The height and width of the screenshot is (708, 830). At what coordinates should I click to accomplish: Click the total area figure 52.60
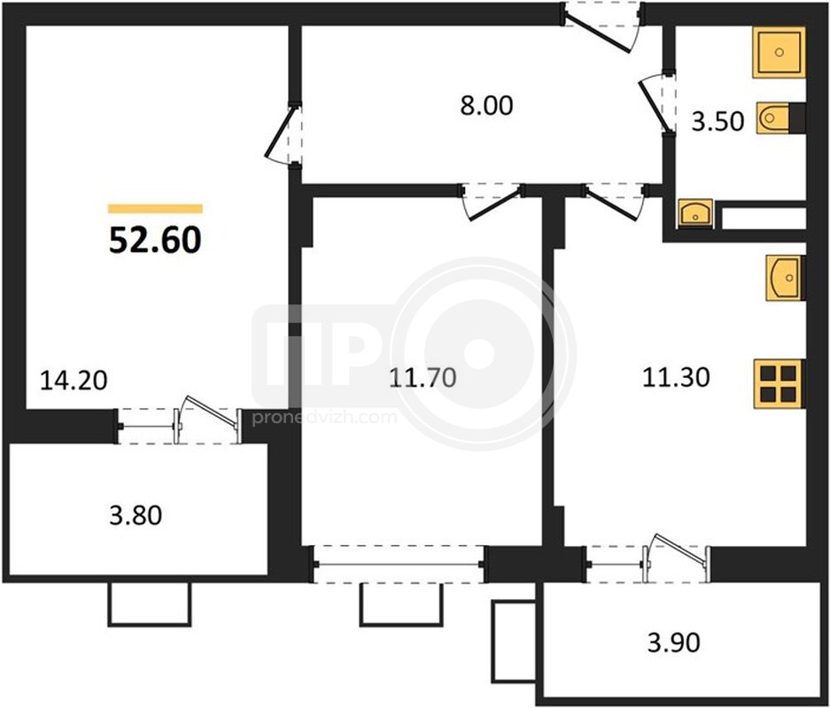pyautogui.click(x=155, y=240)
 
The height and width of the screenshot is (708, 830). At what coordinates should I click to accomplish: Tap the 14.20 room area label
pyautogui.click(x=74, y=380)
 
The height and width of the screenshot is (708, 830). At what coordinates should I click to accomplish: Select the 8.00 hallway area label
pyautogui.click(x=486, y=105)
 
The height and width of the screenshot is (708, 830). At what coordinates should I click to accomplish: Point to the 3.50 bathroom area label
pyautogui.click(x=718, y=121)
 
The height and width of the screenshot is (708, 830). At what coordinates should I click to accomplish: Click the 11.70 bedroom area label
pyautogui.click(x=423, y=378)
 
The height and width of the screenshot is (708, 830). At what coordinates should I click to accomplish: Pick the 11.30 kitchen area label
pyautogui.click(x=676, y=378)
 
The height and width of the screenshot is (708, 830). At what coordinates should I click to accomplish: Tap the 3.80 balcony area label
pyautogui.click(x=136, y=515)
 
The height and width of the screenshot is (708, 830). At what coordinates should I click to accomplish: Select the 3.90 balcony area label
pyautogui.click(x=674, y=643)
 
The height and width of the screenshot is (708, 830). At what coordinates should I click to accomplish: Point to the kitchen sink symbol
pyautogui.click(x=786, y=278)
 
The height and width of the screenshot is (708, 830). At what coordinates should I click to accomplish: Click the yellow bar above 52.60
pyautogui.click(x=155, y=209)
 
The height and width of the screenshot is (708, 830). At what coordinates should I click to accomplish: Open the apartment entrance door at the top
pyautogui.click(x=601, y=26)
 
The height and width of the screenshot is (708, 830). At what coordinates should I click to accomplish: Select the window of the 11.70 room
pyautogui.click(x=399, y=564)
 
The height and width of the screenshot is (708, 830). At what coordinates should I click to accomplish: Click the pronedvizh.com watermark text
pyautogui.click(x=324, y=418)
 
